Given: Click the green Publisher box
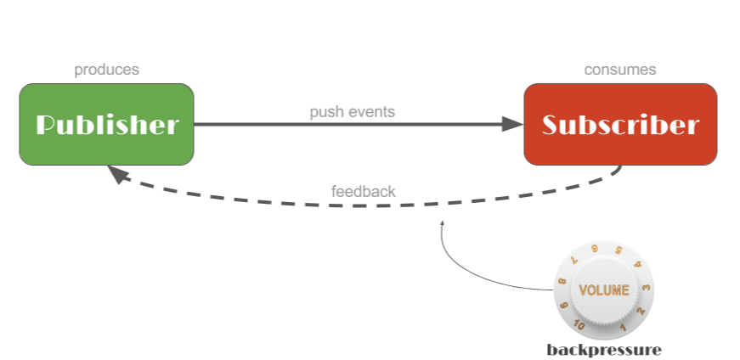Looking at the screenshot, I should pos(106,124).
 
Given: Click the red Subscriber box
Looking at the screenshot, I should pos(620,124).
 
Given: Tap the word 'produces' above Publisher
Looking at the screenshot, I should pos(106,70).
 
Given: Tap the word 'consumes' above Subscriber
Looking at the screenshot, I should pos(620,70).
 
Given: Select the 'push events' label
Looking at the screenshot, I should pos(353,112).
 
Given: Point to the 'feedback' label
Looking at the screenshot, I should pos(363,191).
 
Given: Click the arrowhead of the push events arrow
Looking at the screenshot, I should pos(513,124).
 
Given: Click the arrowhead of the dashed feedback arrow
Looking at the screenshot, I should pos(116,175).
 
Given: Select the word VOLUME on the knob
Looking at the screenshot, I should pos(604,290).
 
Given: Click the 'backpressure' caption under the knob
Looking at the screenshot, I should pos(604,350).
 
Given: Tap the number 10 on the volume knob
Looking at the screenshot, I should pos(579,325).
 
